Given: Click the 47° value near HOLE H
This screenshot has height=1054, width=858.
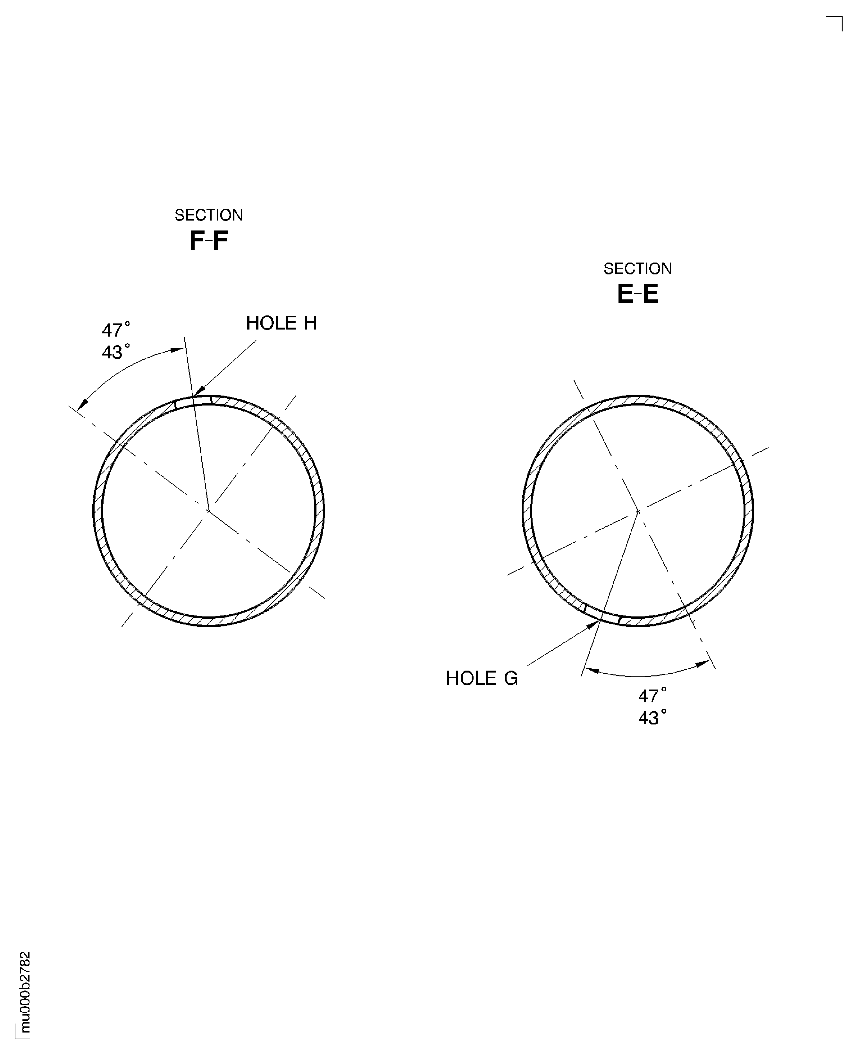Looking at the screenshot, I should (x=116, y=330).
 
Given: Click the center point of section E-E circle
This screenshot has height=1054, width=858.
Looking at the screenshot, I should (x=638, y=511).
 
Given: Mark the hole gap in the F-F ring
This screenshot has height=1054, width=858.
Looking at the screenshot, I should (x=193, y=400).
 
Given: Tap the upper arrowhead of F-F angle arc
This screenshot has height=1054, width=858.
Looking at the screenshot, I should (x=179, y=350).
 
